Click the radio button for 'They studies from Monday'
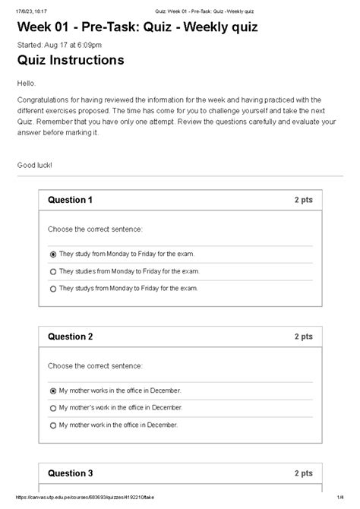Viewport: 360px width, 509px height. tap(52, 270)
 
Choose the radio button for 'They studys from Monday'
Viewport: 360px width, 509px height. tap(52, 289)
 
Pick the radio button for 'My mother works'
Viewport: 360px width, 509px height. tap(52, 390)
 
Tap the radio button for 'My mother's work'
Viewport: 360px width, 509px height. tap(52, 408)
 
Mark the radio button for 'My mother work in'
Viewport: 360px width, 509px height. tap(52, 425)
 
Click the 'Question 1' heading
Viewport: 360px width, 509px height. tap(70, 201)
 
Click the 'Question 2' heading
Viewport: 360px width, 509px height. tap(70, 337)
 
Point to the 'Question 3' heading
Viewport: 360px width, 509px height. tap(70, 473)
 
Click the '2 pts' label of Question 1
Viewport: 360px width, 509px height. tap(303, 201)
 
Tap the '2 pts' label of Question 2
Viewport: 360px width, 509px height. tap(303, 337)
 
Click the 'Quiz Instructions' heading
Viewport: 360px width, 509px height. tap(71, 60)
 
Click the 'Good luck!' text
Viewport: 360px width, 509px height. tap(35, 165)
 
